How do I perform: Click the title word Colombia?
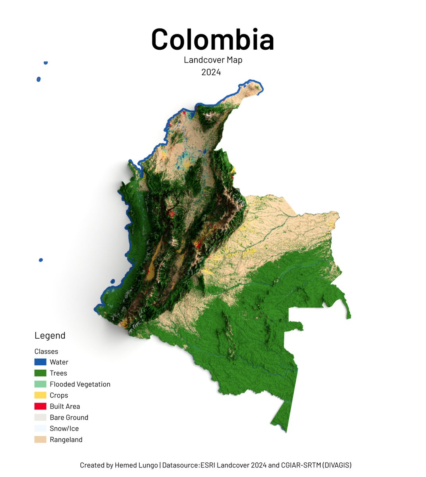213,40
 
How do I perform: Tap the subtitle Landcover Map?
213,60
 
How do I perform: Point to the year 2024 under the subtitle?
211,72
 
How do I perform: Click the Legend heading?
50,335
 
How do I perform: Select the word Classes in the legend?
46,351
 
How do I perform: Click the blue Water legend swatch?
40,362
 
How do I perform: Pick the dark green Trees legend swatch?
40,373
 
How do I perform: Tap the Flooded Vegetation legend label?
80,384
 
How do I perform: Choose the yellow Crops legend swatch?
40,396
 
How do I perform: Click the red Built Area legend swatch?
40,406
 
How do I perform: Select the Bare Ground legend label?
69,417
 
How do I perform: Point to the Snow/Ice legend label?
64,429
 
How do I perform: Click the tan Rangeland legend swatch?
40,440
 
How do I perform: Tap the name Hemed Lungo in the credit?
136,465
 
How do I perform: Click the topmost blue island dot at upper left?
46,63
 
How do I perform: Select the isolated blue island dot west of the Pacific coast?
41,260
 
